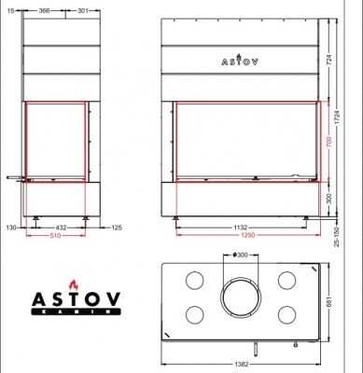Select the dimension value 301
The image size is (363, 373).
pos(83,11)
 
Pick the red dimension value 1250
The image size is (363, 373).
pos(240,237)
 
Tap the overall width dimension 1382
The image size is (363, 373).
pos(241,365)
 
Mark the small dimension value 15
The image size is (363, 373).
pos(8,11)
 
